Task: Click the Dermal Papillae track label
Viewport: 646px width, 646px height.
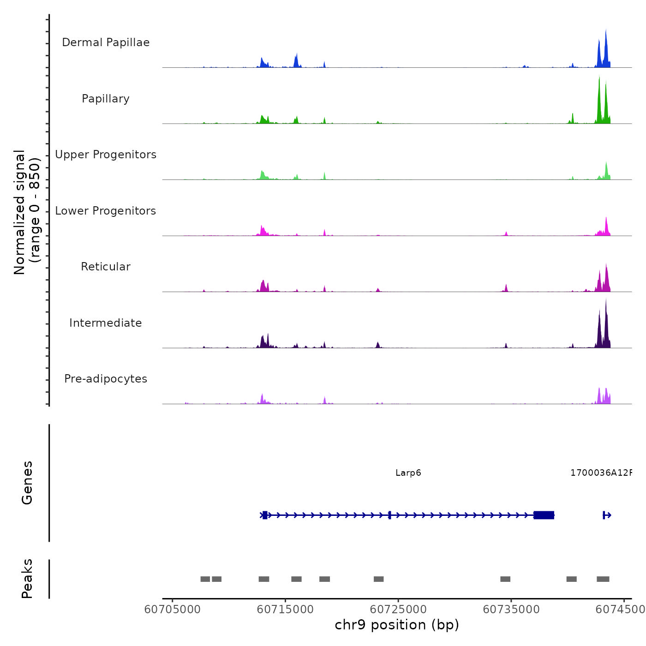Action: [x=106, y=42]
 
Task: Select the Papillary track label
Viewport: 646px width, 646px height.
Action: [x=106, y=99]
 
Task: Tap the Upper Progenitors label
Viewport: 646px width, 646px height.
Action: [x=106, y=155]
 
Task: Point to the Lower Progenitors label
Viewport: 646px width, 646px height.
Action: [x=106, y=211]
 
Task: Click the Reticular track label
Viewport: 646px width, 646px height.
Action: [x=106, y=267]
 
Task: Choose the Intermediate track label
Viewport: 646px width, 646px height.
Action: [x=106, y=323]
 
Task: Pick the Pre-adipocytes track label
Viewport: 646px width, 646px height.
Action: [x=106, y=379]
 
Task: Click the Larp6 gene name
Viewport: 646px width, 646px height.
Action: [x=408, y=473]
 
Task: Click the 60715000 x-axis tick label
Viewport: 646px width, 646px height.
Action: [x=285, y=610]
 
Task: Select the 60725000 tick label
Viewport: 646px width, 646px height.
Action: [x=398, y=610]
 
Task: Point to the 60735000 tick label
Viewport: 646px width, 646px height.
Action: [x=511, y=610]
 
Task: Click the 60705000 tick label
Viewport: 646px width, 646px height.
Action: [x=173, y=610]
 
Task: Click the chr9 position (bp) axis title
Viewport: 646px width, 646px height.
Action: [x=397, y=625]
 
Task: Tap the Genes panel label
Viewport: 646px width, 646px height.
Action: [x=27, y=483]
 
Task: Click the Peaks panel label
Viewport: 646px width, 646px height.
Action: [x=27, y=579]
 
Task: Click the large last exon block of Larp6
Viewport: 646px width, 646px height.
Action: [x=544, y=515]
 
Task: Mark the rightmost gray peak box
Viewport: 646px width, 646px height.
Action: [x=603, y=579]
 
